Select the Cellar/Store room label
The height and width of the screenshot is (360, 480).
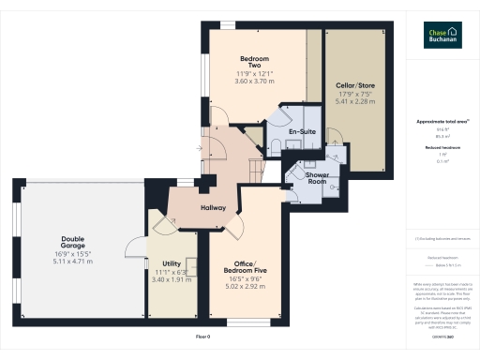click(x=355, y=90)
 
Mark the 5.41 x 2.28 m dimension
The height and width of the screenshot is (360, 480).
click(x=355, y=101)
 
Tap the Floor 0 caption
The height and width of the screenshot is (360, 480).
click(x=202, y=335)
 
